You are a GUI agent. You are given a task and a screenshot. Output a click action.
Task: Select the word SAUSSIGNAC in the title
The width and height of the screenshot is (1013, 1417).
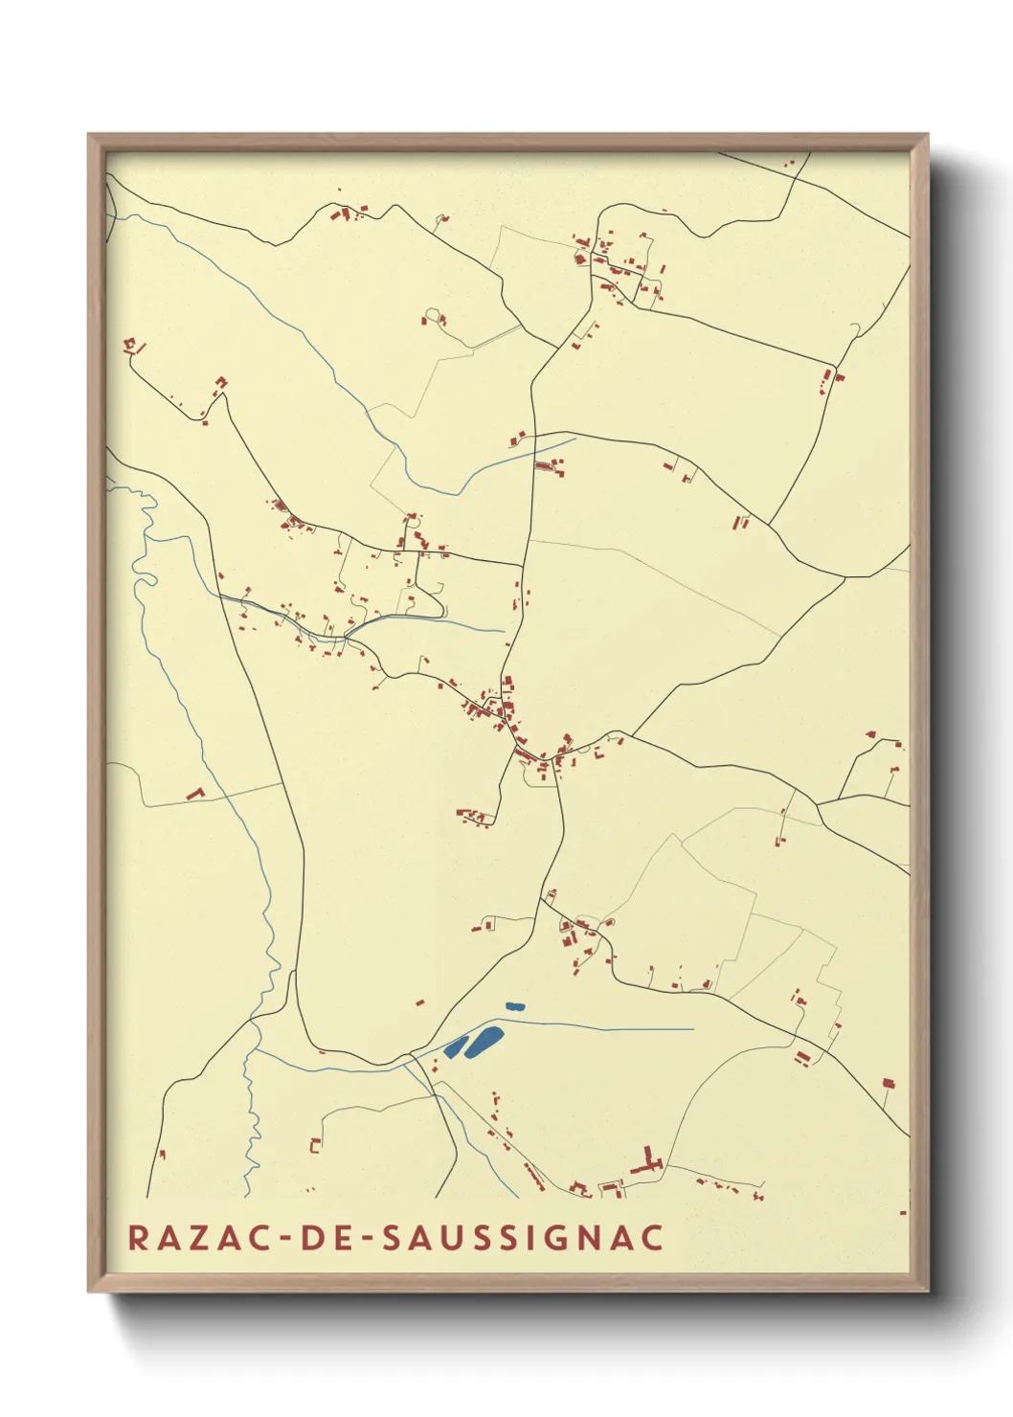click(523, 1237)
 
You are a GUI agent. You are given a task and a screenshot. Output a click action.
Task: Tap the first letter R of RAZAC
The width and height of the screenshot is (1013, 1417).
click(138, 1237)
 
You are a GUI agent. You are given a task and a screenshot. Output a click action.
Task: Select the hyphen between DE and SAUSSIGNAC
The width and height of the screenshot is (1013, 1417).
click(369, 1238)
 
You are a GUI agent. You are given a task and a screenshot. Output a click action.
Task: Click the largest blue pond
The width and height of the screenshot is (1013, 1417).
click(484, 1041)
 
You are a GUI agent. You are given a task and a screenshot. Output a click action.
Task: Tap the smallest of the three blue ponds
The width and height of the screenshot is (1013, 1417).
click(515, 1006)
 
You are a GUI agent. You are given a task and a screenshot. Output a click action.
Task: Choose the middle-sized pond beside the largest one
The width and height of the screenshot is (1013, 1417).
click(455, 1047)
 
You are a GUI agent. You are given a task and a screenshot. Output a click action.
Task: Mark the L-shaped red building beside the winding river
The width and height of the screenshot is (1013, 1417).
click(196, 793)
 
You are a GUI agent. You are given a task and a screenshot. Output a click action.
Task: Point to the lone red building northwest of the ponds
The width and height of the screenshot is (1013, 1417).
click(419, 1002)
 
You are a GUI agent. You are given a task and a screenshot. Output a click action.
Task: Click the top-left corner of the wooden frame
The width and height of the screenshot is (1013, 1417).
click(89, 135)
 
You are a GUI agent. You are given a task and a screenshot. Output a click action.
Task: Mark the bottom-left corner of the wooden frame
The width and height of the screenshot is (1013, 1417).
click(89, 1292)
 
